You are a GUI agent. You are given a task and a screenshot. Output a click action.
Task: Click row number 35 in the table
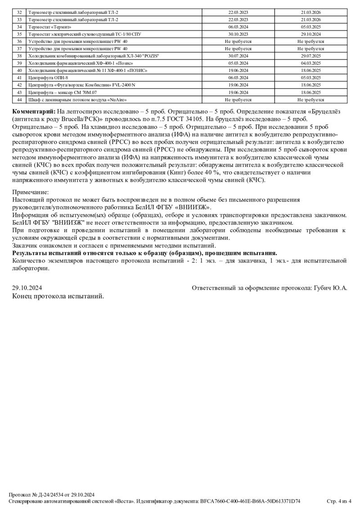click(x=19, y=34)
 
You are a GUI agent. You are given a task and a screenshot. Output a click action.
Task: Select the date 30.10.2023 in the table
click(x=238, y=34)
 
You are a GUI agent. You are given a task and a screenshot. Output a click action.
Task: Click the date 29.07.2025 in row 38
click(x=310, y=56)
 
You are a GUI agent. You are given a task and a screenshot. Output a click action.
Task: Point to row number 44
click(x=19, y=99)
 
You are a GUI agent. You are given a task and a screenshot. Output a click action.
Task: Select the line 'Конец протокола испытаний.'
click(x=58, y=296)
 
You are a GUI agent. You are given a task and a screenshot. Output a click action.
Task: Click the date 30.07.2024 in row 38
click(x=238, y=56)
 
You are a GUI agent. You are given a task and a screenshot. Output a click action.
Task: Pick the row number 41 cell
click(x=19, y=78)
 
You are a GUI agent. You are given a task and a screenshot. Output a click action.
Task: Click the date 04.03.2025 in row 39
click(x=310, y=63)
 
